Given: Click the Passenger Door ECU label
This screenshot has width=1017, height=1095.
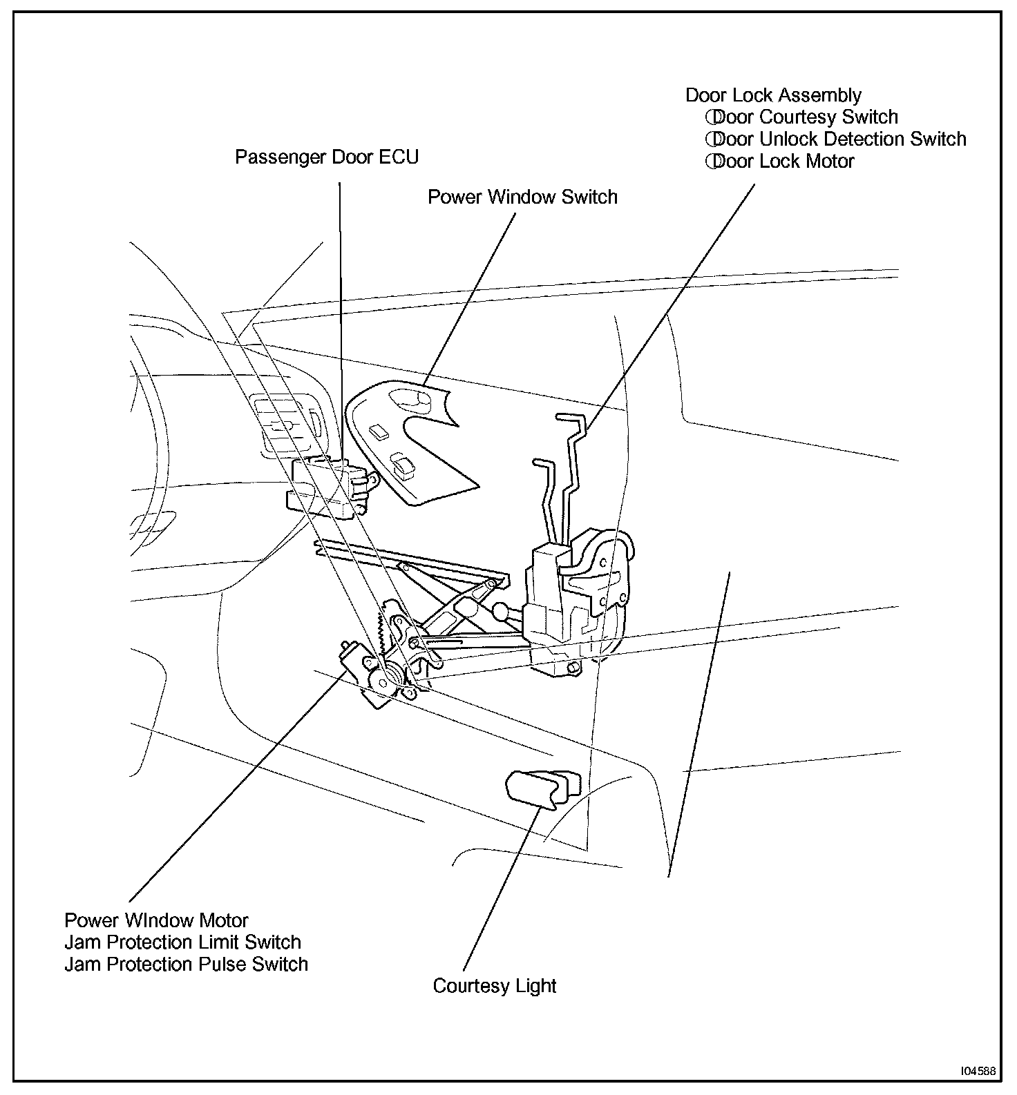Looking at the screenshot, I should coord(327,157).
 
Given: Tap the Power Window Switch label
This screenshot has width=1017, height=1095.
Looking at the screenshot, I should coord(522,197).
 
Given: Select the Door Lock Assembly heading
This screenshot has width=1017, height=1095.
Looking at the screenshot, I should coord(773,95).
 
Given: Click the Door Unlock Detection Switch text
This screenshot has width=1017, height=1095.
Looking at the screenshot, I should coord(835,139).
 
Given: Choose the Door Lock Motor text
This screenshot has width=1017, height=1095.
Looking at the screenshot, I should coord(780,162).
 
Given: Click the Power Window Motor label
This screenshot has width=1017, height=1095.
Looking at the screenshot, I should coord(156,921).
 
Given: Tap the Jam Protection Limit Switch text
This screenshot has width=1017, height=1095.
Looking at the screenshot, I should coord(182,942).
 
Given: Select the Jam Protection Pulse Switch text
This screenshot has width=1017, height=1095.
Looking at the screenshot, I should coord(186,965).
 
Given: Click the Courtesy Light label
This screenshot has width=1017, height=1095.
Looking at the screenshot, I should coord(494,986).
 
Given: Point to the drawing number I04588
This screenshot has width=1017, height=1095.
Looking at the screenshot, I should coord(977,1072).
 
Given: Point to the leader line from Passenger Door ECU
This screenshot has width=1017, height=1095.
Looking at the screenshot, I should coord(341,311).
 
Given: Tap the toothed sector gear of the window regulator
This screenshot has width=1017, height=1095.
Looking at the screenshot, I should coord(381,628).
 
